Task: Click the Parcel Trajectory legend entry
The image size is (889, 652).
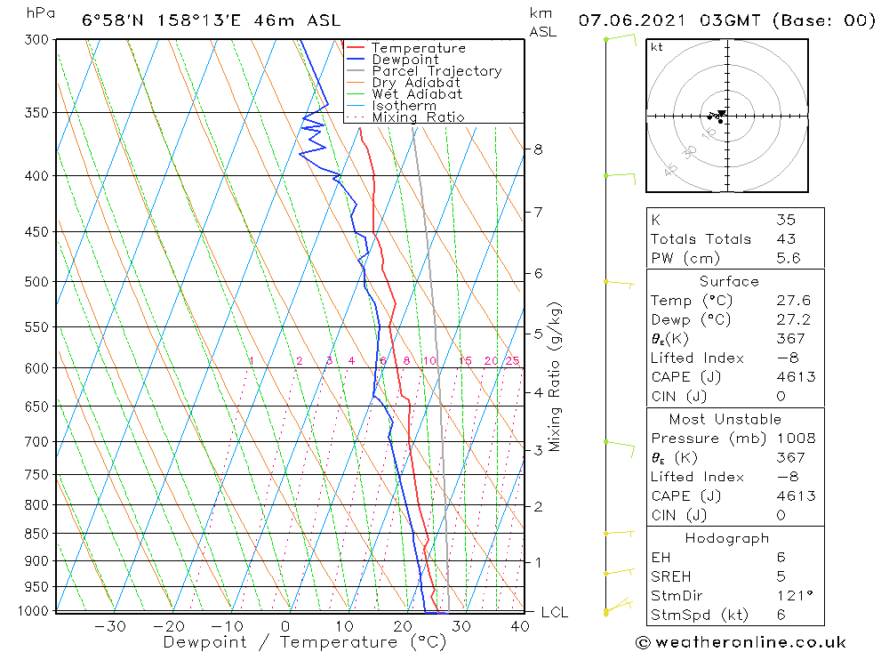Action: tap(436, 71)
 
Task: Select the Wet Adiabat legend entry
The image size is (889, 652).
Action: tap(417, 94)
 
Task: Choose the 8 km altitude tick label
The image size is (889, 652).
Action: tap(538, 149)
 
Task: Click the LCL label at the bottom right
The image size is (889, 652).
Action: tap(554, 612)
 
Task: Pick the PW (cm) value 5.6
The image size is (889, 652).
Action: tap(789, 258)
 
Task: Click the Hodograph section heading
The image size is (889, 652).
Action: tap(727, 538)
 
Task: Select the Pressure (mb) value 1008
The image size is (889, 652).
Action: tap(795, 439)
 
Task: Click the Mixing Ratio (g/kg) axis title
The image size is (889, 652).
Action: tap(556, 376)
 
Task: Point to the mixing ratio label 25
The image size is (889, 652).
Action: tap(512, 360)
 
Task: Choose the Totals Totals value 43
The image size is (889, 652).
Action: tap(786, 238)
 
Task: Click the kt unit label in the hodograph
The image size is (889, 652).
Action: tap(656, 47)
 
